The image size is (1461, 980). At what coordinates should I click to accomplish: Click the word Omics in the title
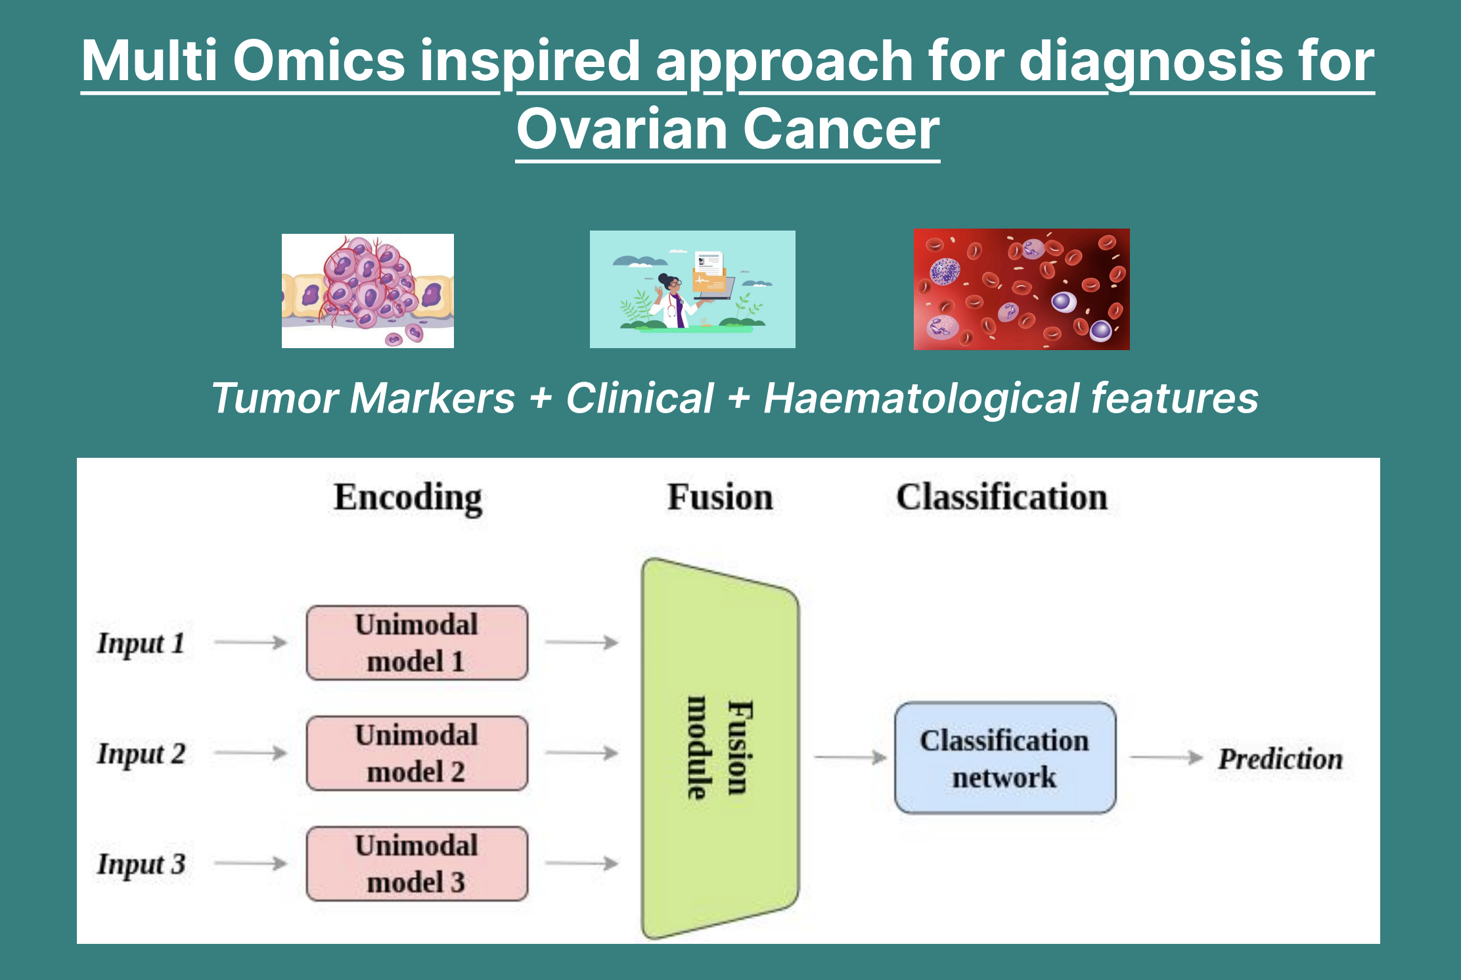tap(319, 60)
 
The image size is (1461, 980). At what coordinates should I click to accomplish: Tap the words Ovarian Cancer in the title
tap(728, 129)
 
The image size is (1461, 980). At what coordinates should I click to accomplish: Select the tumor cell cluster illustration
tap(367, 290)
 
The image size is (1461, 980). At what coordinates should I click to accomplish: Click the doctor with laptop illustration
tap(692, 289)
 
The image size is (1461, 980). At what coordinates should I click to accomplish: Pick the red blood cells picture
tap(1022, 289)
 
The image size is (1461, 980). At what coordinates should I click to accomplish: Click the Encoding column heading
tap(408, 497)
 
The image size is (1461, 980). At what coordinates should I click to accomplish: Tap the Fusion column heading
tap(720, 497)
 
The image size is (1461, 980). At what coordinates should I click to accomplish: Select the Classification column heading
tap(1002, 497)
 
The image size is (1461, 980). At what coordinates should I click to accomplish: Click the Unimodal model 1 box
tap(417, 642)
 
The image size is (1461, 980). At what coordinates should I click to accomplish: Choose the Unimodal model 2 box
tap(417, 753)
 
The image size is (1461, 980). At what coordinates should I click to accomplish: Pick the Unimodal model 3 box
tap(417, 863)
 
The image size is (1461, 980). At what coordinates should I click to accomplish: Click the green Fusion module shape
tap(720, 749)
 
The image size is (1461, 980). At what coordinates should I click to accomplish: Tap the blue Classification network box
tap(1005, 758)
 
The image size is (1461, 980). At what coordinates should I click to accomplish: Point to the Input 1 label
tap(141, 643)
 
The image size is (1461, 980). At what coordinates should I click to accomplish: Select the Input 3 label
tap(141, 864)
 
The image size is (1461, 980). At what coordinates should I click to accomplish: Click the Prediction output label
tap(1280, 759)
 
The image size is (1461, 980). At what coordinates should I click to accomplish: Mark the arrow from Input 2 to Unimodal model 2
tap(251, 753)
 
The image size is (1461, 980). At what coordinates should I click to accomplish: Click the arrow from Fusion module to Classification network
tap(850, 757)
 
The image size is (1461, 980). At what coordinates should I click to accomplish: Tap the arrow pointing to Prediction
tap(1165, 757)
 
